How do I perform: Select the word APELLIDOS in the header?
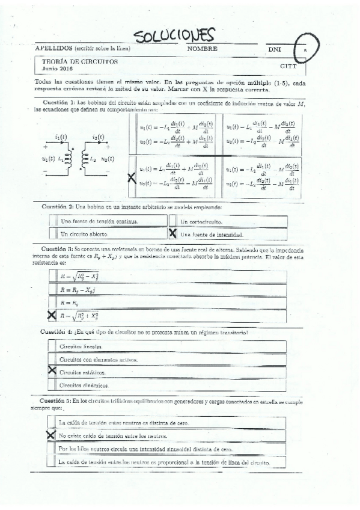pos(54,48)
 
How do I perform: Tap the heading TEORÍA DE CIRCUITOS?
pos(79,61)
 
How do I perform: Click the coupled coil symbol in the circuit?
pos(75,158)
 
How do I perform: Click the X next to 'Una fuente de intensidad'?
pos(173,233)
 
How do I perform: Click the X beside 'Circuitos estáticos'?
pos(52,372)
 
